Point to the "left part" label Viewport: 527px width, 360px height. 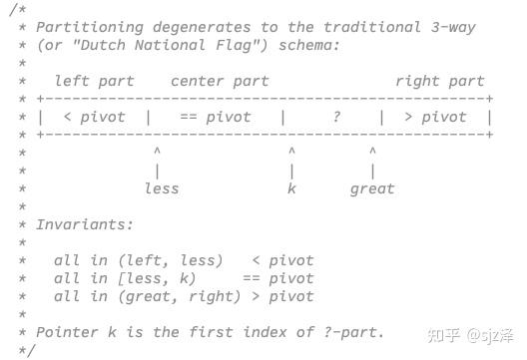(94, 81)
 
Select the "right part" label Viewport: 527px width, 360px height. (439, 81)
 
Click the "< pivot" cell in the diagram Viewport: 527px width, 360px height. (94, 117)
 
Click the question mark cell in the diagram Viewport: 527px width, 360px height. (337, 117)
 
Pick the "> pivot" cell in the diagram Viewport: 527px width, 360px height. (435, 117)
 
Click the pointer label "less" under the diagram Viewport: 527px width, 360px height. (162, 188)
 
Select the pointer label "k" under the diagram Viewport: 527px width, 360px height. (291, 188)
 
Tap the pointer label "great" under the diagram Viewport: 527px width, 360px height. (372, 188)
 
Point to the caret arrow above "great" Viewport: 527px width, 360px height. (372, 152)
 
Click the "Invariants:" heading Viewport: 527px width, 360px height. (85, 224)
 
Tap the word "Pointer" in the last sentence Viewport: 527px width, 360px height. (67, 332)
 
